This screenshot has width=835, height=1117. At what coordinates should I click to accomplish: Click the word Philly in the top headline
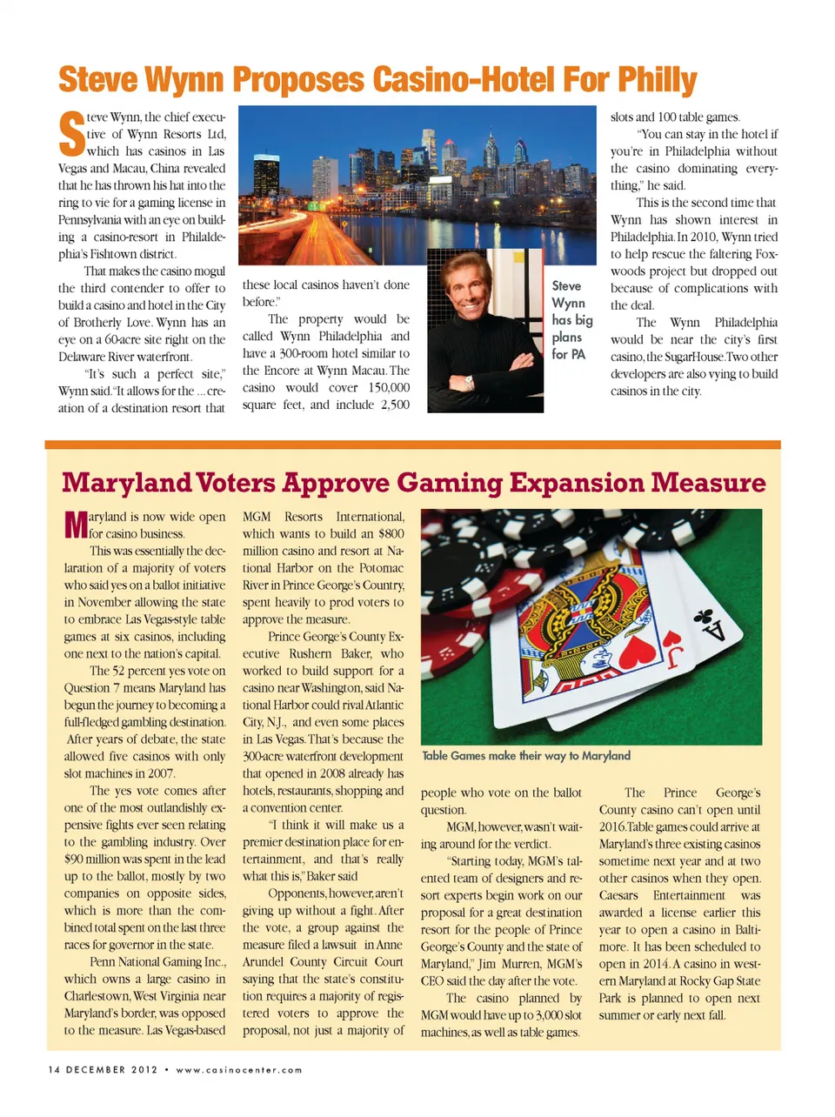[x=657, y=80]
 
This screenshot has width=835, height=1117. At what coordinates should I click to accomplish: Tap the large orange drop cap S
[x=71, y=133]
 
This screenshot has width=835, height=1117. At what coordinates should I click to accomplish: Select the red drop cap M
[x=76, y=525]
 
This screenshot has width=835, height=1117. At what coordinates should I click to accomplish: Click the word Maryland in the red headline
[x=126, y=483]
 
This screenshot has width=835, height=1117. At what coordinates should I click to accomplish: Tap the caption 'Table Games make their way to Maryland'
[x=526, y=756]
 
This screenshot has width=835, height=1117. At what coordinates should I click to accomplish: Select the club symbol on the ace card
[x=704, y=619]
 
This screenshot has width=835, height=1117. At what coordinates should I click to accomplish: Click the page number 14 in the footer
[x=54, y=1070]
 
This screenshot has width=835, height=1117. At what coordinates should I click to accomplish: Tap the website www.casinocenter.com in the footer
[x=239, y=1070]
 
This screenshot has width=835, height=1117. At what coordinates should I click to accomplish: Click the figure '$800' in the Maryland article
[x=391, y=534]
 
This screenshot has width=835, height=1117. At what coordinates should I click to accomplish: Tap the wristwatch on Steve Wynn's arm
[x=468, y=381]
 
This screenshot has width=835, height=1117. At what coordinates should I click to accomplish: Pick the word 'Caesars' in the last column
[x=618, y=896]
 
